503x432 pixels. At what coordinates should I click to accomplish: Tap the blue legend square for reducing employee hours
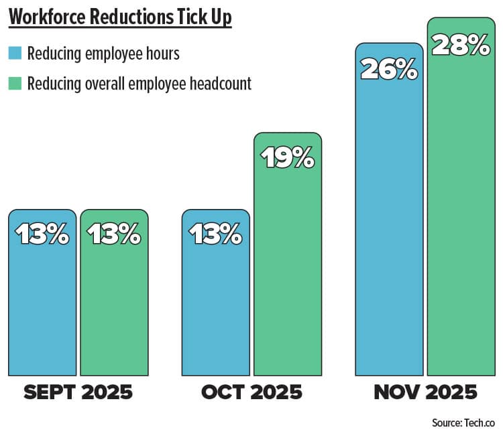pos(13,53)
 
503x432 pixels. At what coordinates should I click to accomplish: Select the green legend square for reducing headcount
pos(13,83)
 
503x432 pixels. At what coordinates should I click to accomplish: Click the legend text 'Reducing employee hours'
pos(103,54)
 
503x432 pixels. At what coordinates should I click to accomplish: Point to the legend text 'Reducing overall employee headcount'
pos(139,84)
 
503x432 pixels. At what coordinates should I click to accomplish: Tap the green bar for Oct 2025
pos(288,268)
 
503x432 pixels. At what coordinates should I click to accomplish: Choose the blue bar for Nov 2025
pos(389,221)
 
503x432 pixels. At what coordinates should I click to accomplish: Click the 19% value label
pos(288,158)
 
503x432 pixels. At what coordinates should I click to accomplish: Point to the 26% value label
pos(389,69)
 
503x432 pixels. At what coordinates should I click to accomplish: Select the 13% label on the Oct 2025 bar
pos(216,234)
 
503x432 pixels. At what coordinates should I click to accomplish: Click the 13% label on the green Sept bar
pos(114,234)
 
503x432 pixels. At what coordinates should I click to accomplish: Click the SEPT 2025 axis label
pos(78,392)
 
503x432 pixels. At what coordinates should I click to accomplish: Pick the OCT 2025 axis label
pos(251,392)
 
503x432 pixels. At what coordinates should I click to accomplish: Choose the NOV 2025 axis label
pos(425,392)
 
